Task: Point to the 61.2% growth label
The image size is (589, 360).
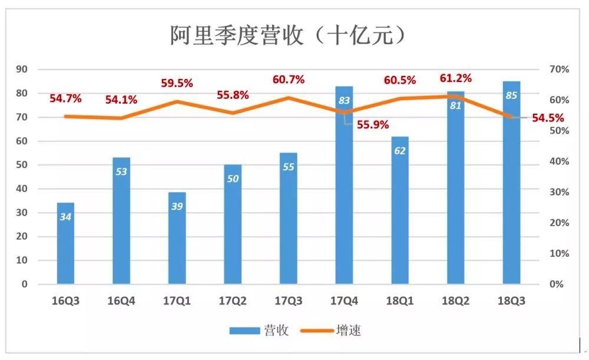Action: (456, 78)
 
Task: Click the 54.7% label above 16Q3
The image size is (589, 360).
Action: (65, 98)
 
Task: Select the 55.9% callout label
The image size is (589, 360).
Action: (372, 124)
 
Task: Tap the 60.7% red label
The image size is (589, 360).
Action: (289, 79)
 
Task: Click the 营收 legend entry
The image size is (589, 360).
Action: (260, 331)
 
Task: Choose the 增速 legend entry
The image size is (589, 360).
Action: (332, 331)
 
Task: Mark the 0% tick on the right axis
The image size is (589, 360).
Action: (557, 284)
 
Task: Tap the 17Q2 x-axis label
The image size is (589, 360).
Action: (233, 301)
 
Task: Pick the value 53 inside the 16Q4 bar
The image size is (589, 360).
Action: (121, 172)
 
